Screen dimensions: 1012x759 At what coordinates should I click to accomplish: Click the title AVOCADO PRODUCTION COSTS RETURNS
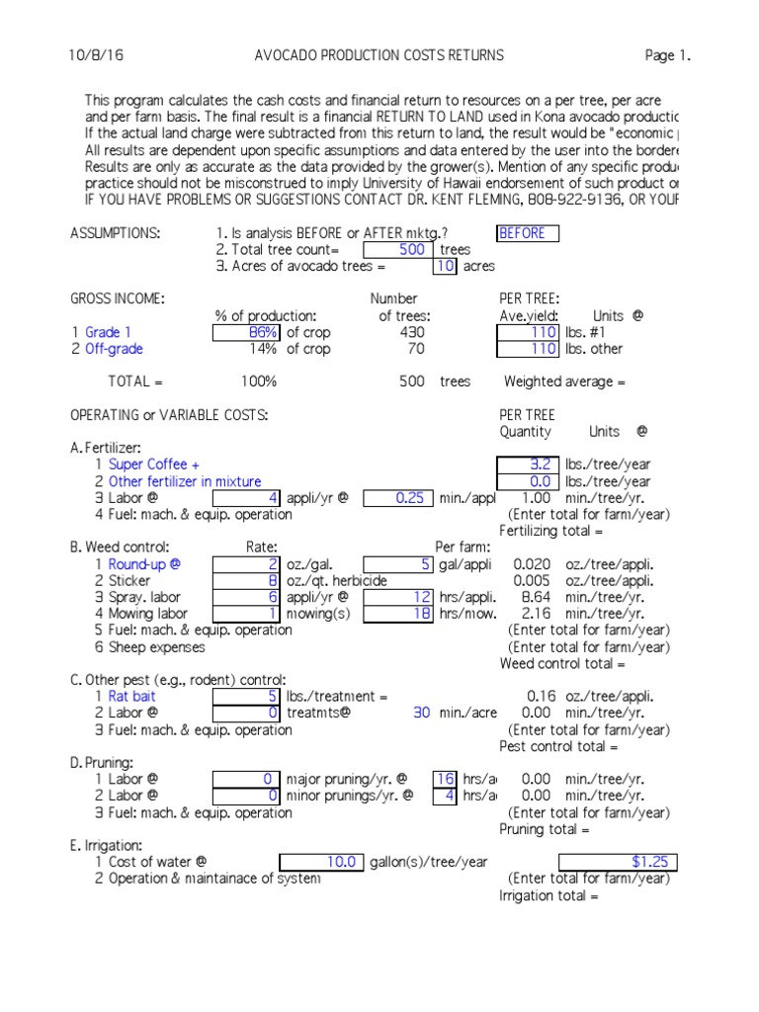point(379,55)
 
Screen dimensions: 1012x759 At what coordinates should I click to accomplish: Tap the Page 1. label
point(667,55)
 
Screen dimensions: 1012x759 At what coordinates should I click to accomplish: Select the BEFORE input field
point(527,233)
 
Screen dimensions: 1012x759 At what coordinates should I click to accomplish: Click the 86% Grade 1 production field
point(246,333)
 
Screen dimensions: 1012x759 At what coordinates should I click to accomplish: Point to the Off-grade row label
point(114,349)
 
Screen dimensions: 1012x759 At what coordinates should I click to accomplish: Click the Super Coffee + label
point(154,464)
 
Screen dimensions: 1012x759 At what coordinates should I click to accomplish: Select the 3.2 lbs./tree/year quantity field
point(529,464)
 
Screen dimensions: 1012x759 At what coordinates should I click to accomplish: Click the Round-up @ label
point(145,564)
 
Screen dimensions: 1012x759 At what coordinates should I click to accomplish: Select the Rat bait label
point(132,697)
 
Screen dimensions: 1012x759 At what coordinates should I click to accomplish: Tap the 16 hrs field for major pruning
point(446,780)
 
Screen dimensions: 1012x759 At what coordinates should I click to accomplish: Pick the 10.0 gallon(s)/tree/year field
point(322,863)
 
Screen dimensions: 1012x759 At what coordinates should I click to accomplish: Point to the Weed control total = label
point(557,664)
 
